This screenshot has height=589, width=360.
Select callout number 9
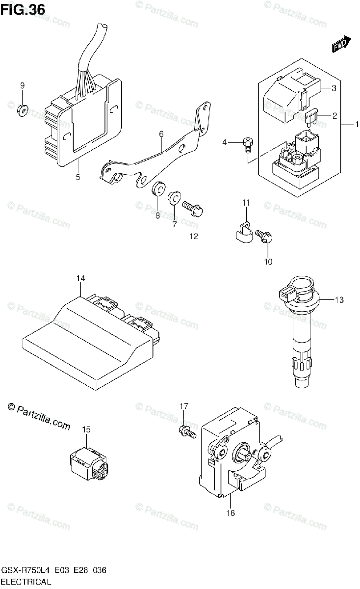pyautogui.click(x=22, y=86)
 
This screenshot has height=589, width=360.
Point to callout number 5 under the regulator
pyautogui.click(x=78, y=177)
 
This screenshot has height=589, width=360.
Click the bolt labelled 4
pyautogui.click(x=248, y=144)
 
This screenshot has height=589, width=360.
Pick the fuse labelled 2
pyautogui.click(x=311, y=117)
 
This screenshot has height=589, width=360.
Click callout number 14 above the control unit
pyautogui.click(x=80, y=279)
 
